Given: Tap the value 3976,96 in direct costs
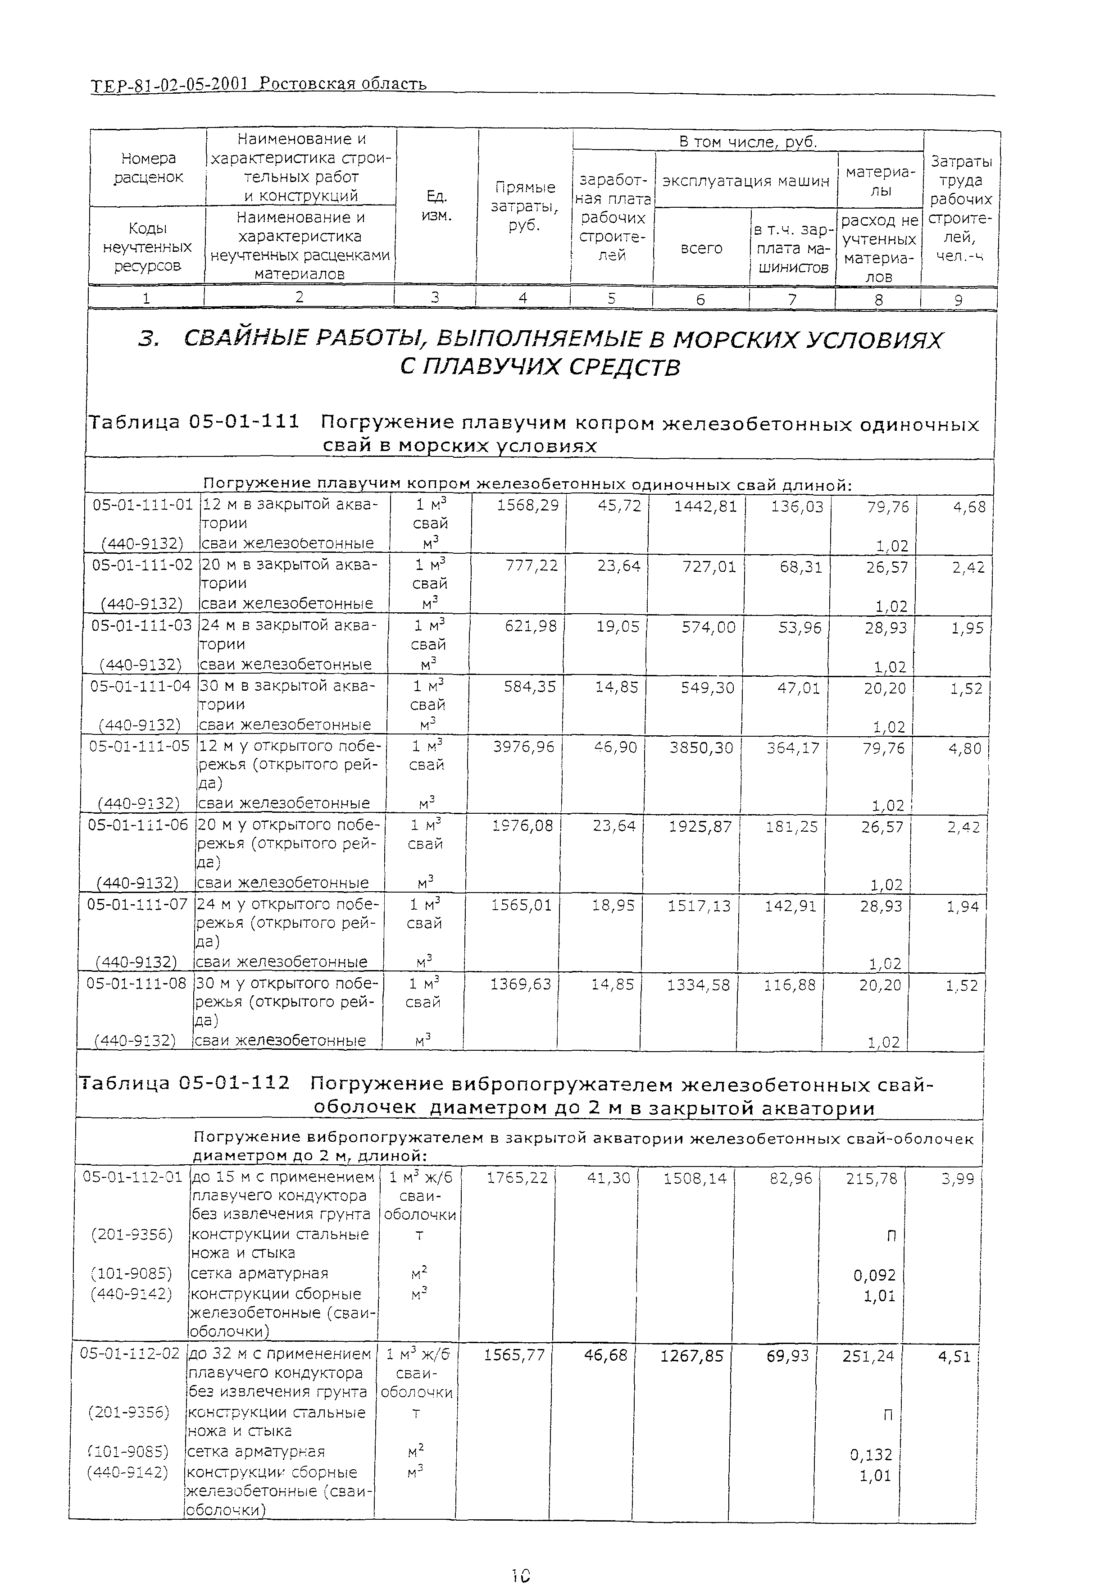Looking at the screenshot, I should [x=523, y=747].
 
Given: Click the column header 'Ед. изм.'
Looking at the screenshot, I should [x=436, y=205].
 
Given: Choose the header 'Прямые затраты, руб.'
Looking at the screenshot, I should [x=524, y=206].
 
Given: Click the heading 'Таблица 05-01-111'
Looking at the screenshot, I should [x=193, y=422].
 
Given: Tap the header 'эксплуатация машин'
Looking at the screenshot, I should [x=745, y=181].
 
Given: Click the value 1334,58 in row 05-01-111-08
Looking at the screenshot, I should [x=698, y=984].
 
